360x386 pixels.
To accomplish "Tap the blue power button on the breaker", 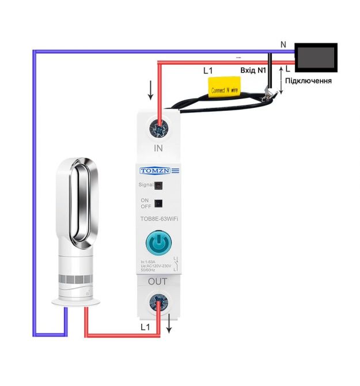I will pos(157,244).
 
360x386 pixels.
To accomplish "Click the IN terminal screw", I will pos(158,127).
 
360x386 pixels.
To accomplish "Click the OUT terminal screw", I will pos(158,301).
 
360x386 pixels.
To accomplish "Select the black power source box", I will pos(316,58).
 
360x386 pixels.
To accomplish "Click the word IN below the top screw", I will pos(159,148).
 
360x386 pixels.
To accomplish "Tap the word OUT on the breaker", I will pos(158,282).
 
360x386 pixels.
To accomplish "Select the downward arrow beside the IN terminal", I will pos(151,89).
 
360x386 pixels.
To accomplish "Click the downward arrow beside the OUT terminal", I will pos(169,326).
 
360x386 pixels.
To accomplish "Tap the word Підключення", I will pos(309,81).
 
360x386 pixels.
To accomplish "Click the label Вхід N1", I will pos(254,71).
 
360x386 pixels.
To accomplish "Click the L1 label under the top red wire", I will pos(209,71).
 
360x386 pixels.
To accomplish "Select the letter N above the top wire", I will pos(283,44).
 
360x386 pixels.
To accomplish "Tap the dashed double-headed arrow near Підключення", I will pos(281,80).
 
